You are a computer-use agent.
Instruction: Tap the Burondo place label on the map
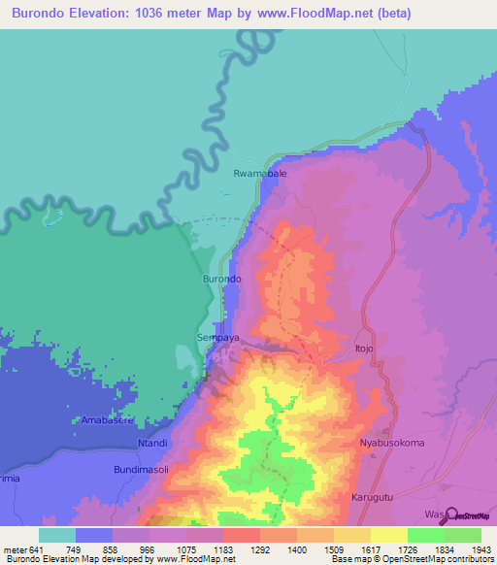221,280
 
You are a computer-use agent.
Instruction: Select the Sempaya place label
217,338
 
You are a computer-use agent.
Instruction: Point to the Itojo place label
364,347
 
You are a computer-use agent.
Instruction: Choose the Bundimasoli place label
142,469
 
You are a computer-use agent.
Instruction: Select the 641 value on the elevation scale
34,549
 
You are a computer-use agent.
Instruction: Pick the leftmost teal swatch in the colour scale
56,535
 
